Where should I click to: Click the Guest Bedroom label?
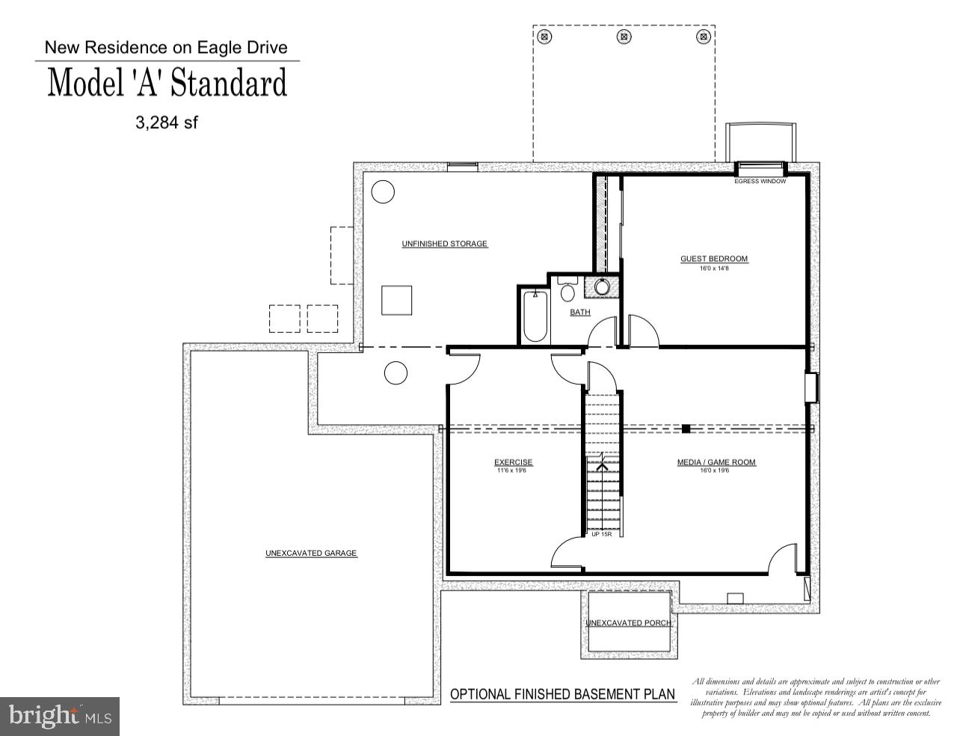[713, 259]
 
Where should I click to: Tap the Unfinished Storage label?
[444, 244]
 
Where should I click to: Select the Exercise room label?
[513, 462]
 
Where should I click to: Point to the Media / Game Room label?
[716, 462]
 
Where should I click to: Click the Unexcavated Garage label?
[311, 553]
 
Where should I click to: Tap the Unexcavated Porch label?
[628, 623]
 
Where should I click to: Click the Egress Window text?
[760, 181]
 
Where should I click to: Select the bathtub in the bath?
[535, 316]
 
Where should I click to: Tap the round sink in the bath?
[603, 287]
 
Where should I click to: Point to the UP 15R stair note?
[601, 534]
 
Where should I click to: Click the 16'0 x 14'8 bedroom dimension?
[713, 268]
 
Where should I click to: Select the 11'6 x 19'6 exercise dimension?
[513, 470]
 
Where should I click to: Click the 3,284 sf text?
[166, 123]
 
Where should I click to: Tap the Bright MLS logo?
[59, 716]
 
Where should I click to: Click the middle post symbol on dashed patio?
[623, 35]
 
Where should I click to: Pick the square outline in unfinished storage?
[396, 300]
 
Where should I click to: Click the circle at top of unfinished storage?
[383, 192]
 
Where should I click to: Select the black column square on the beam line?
[685, 429]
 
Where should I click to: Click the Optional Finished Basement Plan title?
[562, 694]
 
